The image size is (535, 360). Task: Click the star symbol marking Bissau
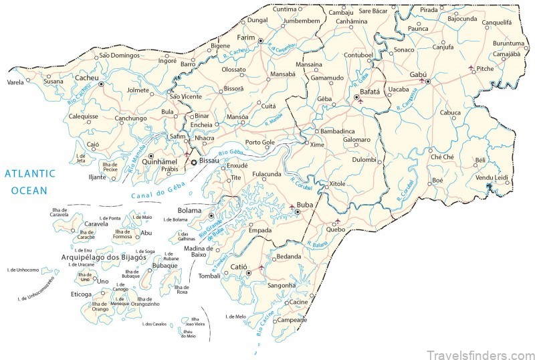[x=195, y=162]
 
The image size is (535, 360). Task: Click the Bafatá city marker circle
[x=356, y=98]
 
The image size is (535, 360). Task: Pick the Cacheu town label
[x=86, y=78]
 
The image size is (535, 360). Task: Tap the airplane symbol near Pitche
[x=472, y=68]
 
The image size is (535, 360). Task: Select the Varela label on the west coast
[x=15, y=82]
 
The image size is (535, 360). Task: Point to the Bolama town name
[x=189, y=211]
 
